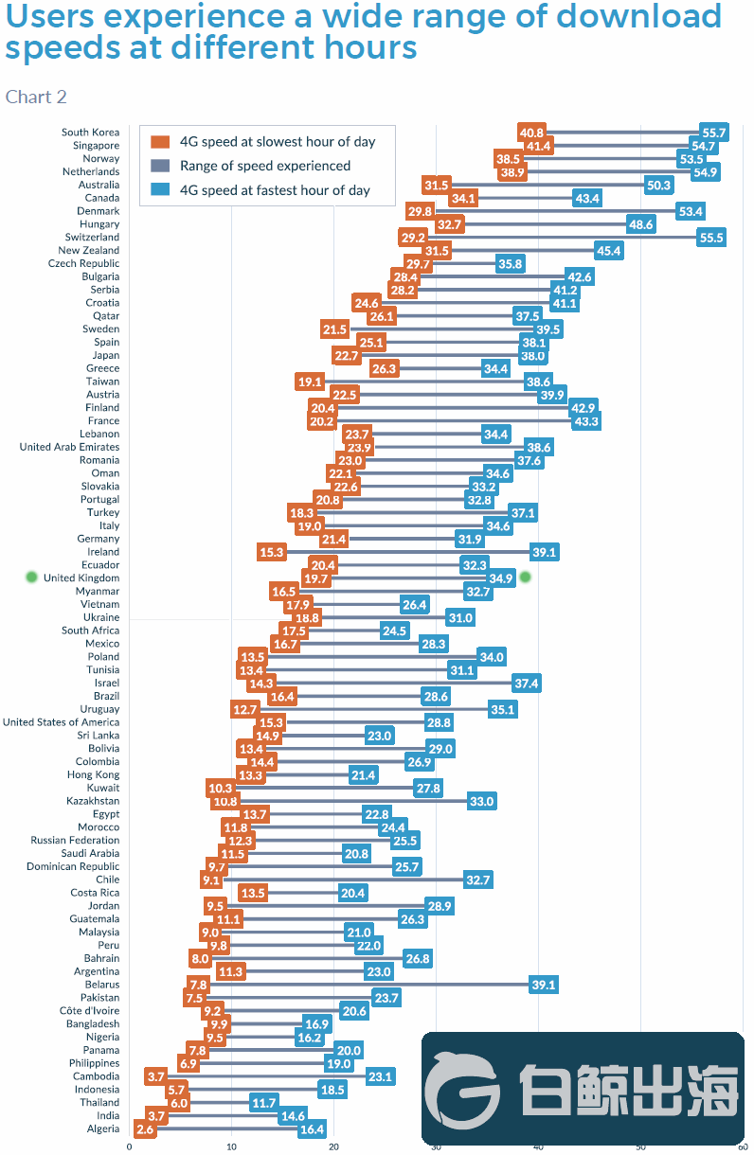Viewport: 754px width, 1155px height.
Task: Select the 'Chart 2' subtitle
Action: coord(36,97)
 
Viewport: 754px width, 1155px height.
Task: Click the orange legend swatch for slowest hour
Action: coord(160,142)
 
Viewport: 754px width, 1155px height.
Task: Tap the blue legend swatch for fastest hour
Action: coord(160,190)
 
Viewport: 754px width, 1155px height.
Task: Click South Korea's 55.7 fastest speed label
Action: coord(713,133)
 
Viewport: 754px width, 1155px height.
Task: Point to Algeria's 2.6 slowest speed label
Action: coord(145,1128)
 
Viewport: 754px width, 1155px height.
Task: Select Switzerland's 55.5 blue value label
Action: coord(711,238)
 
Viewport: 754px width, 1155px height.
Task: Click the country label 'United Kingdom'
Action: coord(81,577)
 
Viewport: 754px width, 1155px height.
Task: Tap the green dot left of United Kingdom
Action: coord(31,577)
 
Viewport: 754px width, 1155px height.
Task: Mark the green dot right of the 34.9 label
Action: coord(526,577)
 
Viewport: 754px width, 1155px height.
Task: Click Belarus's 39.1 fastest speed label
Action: coord(544,985)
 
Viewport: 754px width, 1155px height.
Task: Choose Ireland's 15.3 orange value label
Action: coord(271,552)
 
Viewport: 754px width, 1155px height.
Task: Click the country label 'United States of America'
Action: coord(61,722)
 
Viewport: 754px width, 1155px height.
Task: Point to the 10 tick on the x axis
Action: coord(231,1146)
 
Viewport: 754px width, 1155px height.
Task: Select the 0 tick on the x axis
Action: coord(130,1146)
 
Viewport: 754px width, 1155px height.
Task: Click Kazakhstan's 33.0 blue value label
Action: coord(481,801)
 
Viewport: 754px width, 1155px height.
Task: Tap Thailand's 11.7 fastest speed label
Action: coord(263,1102)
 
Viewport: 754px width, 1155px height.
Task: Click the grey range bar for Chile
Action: coord(341,880)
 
